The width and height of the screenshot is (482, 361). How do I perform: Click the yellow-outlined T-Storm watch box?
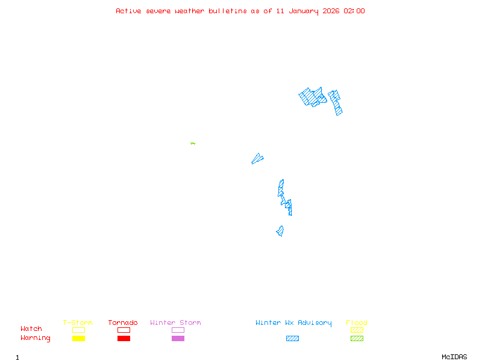[78, 330]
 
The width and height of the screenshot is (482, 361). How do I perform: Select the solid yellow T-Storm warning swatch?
[78, 338]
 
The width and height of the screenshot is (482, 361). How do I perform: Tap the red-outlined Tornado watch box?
[124, 330]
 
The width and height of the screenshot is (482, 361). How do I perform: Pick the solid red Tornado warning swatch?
[124, 338]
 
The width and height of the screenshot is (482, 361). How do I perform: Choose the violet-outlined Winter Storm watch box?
[178, 330]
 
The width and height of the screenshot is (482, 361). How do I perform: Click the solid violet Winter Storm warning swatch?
[178, 338]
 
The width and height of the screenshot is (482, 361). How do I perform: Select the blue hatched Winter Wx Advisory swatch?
[292, 338]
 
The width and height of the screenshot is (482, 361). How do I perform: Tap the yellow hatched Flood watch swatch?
[357, 330]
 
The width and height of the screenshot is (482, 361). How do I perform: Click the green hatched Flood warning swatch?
[357, 338]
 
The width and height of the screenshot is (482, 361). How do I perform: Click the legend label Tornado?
[123, 322]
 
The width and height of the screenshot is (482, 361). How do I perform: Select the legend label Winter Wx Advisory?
[293, 322]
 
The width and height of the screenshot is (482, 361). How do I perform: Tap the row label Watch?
[31, 329]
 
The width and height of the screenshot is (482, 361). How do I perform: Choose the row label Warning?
[36, 338]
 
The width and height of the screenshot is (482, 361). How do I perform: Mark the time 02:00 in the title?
[354, 11]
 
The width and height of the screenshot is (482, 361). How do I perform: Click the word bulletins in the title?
[228, 11]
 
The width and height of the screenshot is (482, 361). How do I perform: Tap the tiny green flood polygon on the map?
[193, 143]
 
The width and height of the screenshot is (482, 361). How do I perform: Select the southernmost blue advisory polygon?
[280, 231]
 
